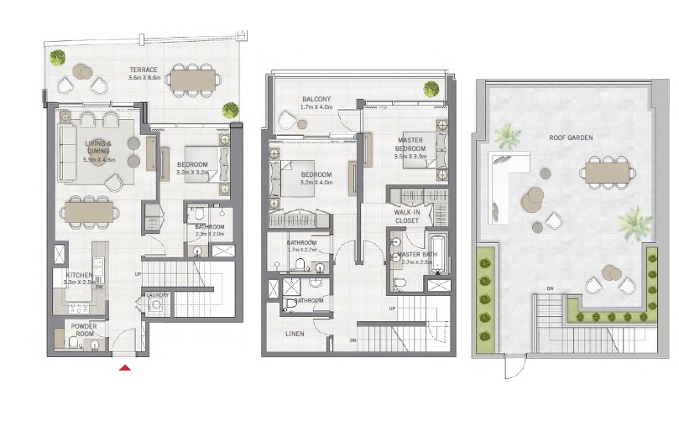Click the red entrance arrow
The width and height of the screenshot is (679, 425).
[x=124, y=366]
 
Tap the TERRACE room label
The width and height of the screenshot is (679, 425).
[x=144, y=70]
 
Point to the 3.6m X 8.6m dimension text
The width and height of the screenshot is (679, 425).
[x=144, y=78]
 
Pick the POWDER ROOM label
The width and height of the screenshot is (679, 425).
[x=85, y=330]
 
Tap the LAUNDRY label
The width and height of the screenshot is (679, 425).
[x=157, y=295]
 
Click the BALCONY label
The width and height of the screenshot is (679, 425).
[x=316, y=99]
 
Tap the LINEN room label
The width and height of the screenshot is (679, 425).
[x=294, y=334]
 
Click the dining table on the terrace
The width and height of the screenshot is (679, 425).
[x=193, y=79]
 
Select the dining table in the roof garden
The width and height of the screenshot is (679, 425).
[x=606, y=172]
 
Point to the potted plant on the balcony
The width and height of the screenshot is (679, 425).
[x=431, y=88]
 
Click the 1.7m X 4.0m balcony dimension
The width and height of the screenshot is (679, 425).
[x=317, y=107]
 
